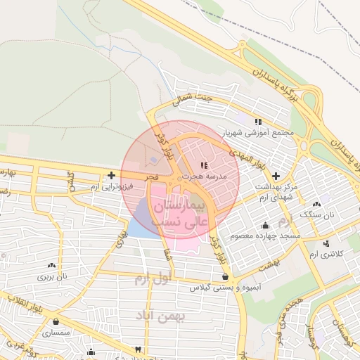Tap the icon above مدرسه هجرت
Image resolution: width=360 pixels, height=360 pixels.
point(204,165)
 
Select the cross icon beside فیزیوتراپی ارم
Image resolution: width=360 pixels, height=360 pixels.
point(111,174)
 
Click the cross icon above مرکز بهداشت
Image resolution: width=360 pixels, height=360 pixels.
point(275,175)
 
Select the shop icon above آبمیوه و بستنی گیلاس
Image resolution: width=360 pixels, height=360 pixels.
point(224,276)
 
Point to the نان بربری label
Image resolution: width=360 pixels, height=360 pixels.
point(52,276)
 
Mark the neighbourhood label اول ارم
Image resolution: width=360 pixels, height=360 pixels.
point(153,279)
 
